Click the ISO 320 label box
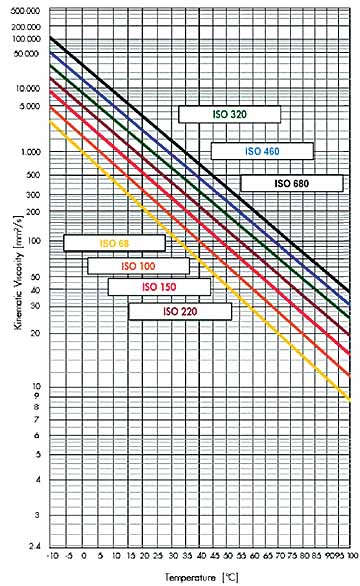[231, 115]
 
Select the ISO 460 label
[262, 151]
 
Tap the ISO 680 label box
[291, 183]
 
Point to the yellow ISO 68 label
[113, 242]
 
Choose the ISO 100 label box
[138, 266]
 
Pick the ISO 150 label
[159, 287]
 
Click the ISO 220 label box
[180, 311]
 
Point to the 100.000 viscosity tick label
[27, 38]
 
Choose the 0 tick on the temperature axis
[76, 556]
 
